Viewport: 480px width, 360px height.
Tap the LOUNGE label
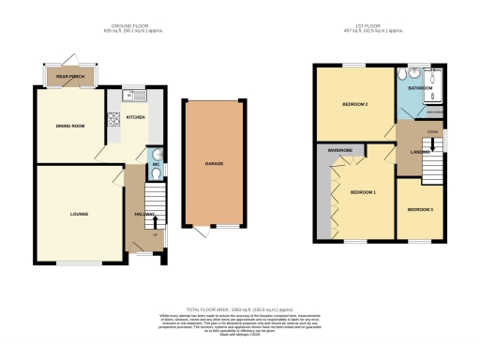pos(79,214)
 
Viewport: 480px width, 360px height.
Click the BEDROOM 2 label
pos(353,104)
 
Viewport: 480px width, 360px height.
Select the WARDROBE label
pos(340,150)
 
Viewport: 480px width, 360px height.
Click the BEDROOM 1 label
pos(363,191)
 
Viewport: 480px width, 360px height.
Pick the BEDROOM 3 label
pos(419,209)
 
